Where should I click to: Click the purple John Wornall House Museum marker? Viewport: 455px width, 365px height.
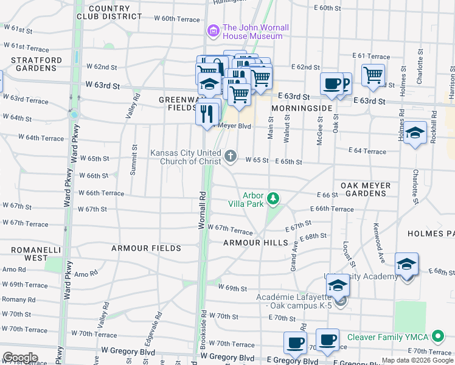pyautogui.click(x=213, y=30)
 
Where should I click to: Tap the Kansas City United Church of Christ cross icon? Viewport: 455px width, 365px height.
pyautogui.click(x=230, y=157)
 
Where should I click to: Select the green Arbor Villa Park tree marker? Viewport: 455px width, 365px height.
pyautogui.click(x=274, y=198)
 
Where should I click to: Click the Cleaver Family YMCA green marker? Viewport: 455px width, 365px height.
pyautogui.click(x=436, y=337)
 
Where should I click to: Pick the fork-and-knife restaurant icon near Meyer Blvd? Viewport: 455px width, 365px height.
pyautogui.click(x=207, y=113)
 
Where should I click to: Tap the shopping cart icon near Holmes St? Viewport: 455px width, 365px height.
pyautogui.click(x=373, y=75)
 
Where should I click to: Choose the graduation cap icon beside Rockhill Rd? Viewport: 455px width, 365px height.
pyautogui.click(x=415, y=133)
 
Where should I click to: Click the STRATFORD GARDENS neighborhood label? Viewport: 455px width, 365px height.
pyautogui.click(x=36, y=64)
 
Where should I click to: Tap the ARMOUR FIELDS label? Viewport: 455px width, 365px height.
pyautogui.click(x=146, y=248)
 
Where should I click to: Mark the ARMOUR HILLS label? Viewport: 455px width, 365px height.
pyautogui.click(x=255, y=242)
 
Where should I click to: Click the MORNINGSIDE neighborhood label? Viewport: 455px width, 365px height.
pyautogui.click(x=302, y=108)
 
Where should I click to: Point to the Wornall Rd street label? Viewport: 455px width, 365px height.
pyautogui.click(x=202, y=210)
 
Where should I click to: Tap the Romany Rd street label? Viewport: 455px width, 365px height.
pyautogui.click(x=19, y=299)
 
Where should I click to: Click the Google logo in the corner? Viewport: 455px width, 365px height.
pyautogui.click(x=19, y=358)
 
